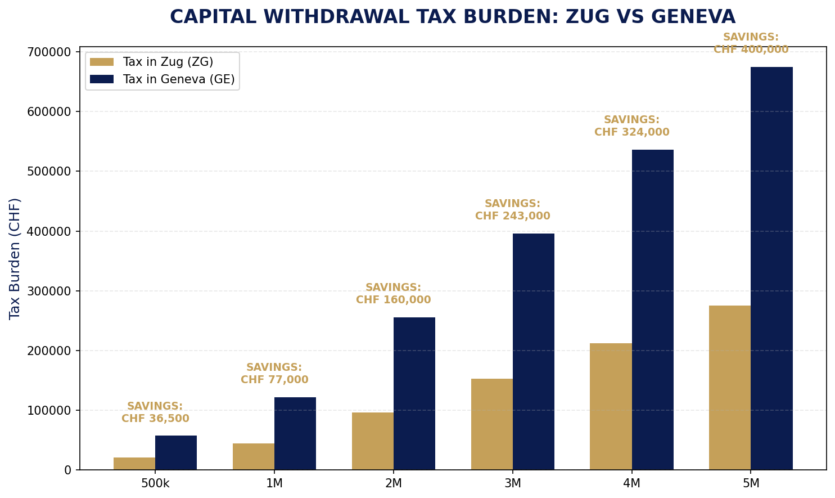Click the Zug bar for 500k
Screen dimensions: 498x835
click(x=134, y=464)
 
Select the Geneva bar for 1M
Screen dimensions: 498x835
click(x=295, y=433)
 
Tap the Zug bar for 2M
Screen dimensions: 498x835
click(x=372, y=441)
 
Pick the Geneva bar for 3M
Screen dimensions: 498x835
click(x=534, y=352)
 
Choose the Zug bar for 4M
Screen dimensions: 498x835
click(x=611, y=406)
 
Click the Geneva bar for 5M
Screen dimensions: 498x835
click(x=771, y=268)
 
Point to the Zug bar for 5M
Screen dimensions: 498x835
click(x=730, y=388)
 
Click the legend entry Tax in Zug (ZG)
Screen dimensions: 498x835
click(x=168, y=62)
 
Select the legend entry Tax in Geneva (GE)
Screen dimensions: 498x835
click(x=178, y=79)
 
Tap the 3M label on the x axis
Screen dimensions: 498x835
click(x=512, y=483)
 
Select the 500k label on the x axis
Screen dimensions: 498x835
click(x=155, y=483)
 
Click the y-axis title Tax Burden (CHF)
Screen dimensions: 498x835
click(x=15, y=258)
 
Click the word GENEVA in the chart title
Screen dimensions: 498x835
click(x=693, y=17)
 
